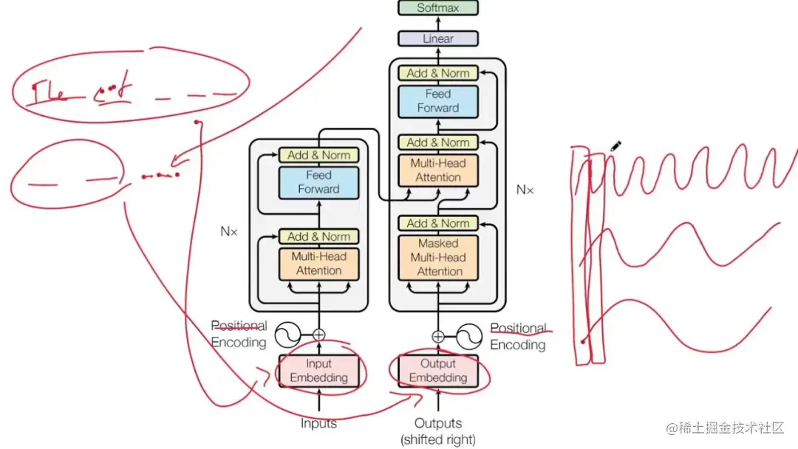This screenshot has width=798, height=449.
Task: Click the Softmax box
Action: tap(438, 8)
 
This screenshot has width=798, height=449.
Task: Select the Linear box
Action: tap(438, 38)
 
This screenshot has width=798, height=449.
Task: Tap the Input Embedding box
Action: tap(318, 371)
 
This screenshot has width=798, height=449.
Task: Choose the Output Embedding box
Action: tap(438, 371)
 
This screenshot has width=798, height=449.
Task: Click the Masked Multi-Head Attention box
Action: tap(438, 257)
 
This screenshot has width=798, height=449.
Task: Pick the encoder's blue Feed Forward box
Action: tap(318, 182)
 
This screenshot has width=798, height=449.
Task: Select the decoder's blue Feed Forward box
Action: tap(438, 100)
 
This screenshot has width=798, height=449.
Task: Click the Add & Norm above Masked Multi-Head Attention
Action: tap(438, 223)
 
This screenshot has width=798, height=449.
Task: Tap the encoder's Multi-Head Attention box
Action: tap(318, 264)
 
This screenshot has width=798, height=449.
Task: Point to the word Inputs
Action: tap(318, 424)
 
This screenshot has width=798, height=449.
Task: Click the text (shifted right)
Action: tap(438, 439)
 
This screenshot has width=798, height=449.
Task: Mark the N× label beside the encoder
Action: tap(229, 231)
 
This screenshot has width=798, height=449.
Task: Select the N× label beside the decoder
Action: tap(525, 190)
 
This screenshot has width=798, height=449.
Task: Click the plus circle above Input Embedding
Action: tap(319, 335)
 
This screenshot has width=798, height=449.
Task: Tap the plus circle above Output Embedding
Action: tap(438, 336)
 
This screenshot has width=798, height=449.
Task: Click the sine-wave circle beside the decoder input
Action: tap(469, 337)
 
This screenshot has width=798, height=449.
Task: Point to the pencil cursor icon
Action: tap(616, 146)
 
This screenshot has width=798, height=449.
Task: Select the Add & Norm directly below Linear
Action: tap(438, 73)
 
